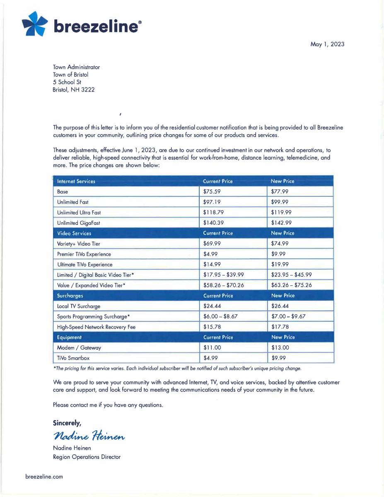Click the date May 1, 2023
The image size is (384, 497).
tap(327, 44)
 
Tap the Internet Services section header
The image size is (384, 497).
tap(76, 181)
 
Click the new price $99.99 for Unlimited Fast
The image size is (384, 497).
tap(280, 202)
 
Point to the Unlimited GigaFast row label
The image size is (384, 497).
tap(78, 223)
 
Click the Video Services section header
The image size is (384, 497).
tap(74, 233)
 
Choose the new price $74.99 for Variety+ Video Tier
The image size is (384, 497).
tap(280, 244)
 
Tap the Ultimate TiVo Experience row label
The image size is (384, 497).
tap(85, 264)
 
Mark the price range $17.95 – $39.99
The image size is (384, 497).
tap(224, 275)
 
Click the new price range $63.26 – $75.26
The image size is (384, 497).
tap(292, 285)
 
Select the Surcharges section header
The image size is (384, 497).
tap(70, 296)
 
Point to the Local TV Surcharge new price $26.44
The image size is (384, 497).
tap(280, 306)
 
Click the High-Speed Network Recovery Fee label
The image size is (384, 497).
tap(96, 327)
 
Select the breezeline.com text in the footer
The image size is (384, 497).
tap(44, 476)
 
